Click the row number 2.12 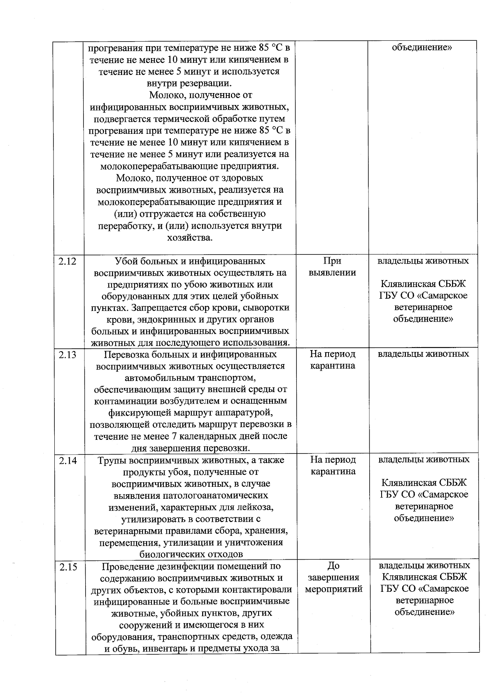tap(68, 261)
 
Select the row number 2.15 tap(68, 567)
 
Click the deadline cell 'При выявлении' tap(332, 267)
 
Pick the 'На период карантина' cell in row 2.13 tap(333, 360)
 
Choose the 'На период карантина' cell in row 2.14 tap(333, 466)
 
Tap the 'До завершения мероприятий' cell tap(333, 577)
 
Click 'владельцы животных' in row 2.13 tap(423, 354)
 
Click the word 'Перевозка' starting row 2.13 tap(123, 355)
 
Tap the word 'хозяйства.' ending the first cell tap(190, 238)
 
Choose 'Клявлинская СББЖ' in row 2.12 tap(423, 284)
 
